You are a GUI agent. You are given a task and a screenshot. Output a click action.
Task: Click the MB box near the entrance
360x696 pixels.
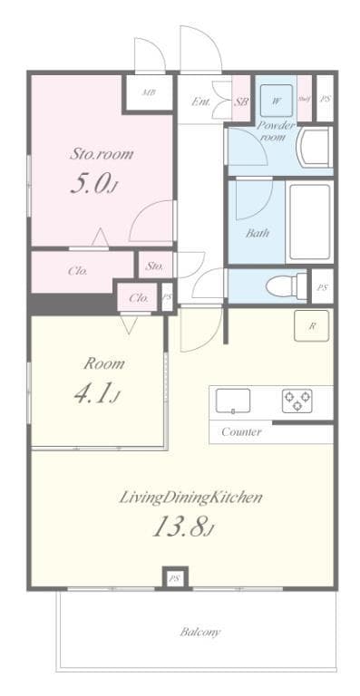(148, 92)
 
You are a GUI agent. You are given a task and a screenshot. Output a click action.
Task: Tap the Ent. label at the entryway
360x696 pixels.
(201, 101)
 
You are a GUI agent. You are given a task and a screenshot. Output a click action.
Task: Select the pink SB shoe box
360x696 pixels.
(241, 101)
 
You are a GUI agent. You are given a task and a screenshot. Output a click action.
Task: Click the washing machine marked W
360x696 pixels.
(276, 100)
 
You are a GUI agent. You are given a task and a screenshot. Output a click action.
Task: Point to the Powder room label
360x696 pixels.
(276, 131)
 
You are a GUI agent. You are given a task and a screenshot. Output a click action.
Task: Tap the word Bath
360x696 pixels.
(258, 232)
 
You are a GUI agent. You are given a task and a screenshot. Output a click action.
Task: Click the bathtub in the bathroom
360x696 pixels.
(310, 221)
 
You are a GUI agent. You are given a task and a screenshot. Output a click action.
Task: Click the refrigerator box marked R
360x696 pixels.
(311, 326)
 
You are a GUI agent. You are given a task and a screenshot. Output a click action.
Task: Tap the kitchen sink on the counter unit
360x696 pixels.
(233, 400)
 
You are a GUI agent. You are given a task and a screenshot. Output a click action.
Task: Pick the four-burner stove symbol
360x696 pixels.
(297, 400)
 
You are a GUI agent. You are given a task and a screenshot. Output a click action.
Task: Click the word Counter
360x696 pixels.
(241, 432)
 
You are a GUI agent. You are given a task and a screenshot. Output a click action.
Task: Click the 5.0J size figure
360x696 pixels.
(93, 185)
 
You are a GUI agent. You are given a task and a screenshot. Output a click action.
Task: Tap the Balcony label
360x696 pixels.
(199, 632)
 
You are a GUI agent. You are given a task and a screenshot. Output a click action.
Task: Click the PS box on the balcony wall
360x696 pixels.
(174, 577)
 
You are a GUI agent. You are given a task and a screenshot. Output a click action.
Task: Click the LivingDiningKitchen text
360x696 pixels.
(191, 497)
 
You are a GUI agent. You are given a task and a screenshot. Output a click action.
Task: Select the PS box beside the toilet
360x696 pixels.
(322, 287)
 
